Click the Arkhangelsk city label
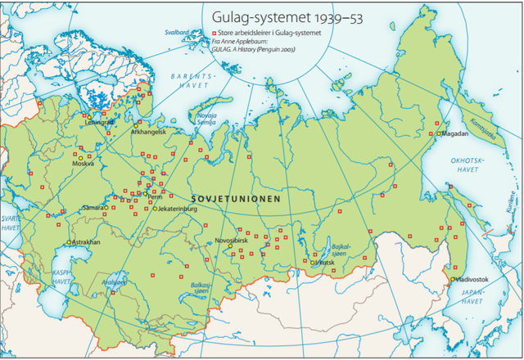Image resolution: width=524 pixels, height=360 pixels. point(148,132)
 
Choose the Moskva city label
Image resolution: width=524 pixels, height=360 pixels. point(83,163)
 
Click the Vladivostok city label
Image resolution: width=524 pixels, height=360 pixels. point(472,280)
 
